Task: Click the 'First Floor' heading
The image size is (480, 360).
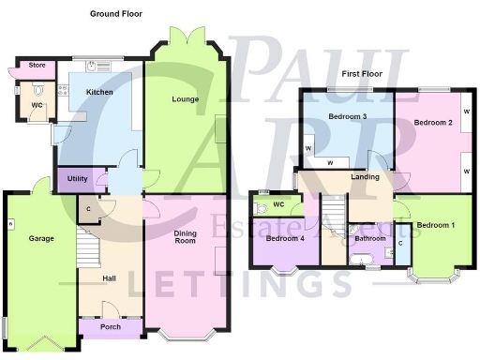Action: coord(364,73)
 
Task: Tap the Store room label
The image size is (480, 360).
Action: coord(37,66)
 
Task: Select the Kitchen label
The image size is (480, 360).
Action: coord(100,93)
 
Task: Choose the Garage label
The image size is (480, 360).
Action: coord(40,238)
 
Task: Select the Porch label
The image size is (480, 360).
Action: coord(111,327)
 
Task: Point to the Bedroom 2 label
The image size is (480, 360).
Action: coord(435,123)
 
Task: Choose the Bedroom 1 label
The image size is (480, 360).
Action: coord(436,226)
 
